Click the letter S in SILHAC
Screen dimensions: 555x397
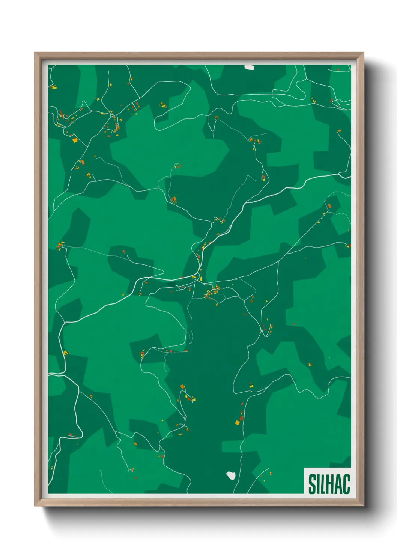(x=312, y=484)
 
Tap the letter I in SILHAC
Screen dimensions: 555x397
(x=318, y=484)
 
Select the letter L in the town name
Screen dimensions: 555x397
(x=323, y=484)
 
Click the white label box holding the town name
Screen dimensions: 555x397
(x=327, y=481)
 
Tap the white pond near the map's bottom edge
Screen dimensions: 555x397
(x=231, y=475)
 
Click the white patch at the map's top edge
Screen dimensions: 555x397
(x=249, y=67)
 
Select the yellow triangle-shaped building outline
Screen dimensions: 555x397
(x=66, y=352)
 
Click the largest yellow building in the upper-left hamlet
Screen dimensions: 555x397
(x=75, y=140)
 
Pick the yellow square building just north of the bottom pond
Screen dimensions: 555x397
(x=237, y=423)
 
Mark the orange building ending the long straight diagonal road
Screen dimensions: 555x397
(x=329, y=206)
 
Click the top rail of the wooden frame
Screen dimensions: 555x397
(x=199, y=55)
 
